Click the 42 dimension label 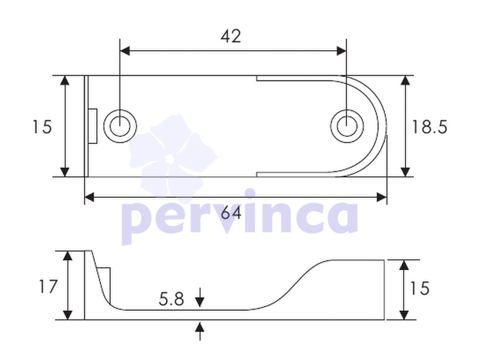click(x=231, y=36)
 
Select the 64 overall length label click(x=231, y=213)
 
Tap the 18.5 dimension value click(x=429, y=127)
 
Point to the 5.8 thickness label click(x=171, y=299)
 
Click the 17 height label click(x=48, y=287)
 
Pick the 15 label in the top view click(x=42, y=127)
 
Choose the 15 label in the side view click(x=420, y=289)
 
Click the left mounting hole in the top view click(x=121, y=126)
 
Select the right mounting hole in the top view click(x=347, y=126)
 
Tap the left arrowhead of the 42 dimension click(x=125, y=51)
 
